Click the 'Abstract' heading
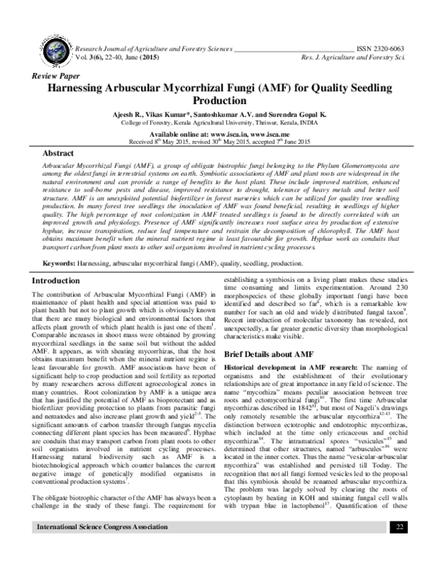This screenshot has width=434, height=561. pos(59,154)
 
